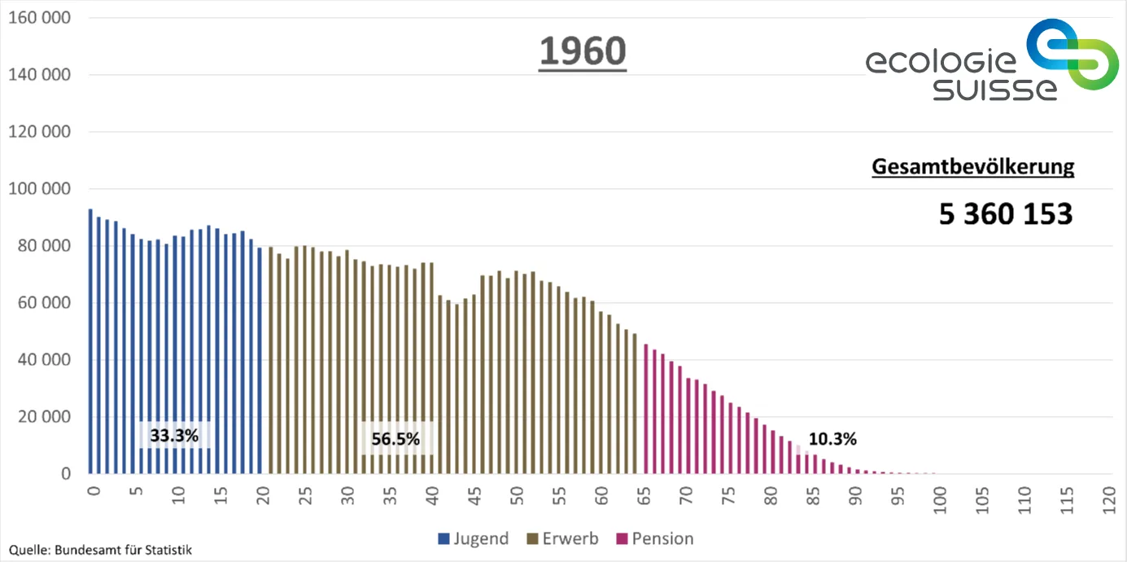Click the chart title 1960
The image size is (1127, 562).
583,52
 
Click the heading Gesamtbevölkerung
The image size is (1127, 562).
972,167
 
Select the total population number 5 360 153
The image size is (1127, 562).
1006,214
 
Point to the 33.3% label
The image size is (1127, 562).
174,436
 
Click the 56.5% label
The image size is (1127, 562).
395,439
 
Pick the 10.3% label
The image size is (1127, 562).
832,439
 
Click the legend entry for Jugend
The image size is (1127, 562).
474,538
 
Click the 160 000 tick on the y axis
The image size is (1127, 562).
39,18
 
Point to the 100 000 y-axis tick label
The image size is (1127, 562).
39,189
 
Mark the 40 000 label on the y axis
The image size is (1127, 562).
43,360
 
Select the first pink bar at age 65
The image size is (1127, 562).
645,409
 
